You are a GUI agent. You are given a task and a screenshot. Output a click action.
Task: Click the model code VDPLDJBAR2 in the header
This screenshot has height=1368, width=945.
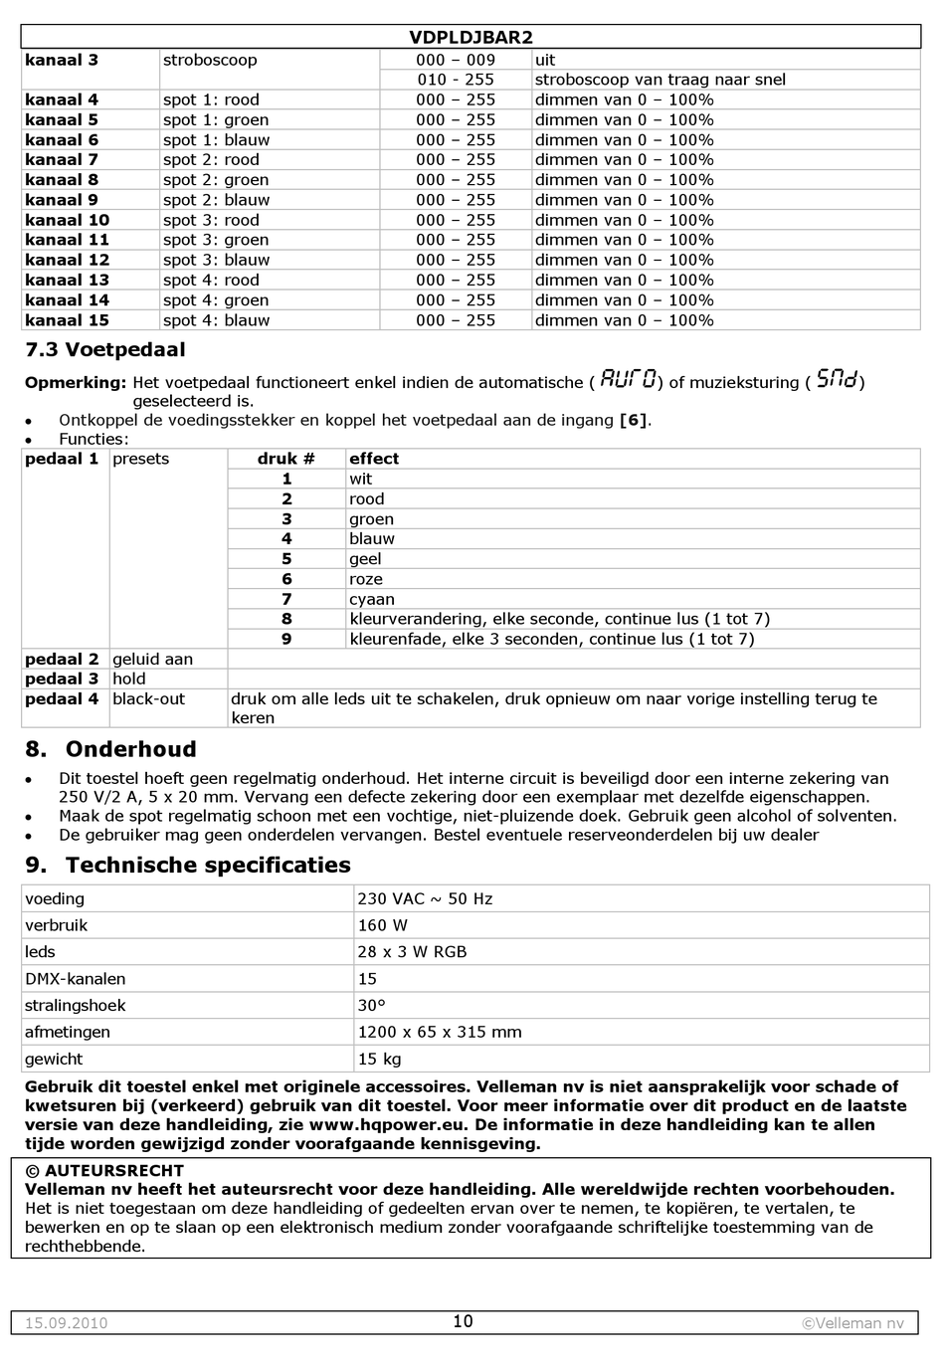[x=471, y=38]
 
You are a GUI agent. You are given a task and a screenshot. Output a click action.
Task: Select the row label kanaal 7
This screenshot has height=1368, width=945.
[x=62, y=160]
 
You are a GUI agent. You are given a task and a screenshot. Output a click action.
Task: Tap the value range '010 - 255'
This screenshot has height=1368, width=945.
[x=455, y=80]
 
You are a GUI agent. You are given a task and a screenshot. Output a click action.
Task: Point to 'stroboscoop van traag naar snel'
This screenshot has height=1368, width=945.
[x=660, y=80]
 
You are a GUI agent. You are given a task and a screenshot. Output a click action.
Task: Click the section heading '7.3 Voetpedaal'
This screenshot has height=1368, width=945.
[x=104, y=350]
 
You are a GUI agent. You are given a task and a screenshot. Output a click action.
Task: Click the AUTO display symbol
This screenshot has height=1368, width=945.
[x=628, y=379]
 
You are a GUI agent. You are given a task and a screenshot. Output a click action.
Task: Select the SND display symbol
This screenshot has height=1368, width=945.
[x=836, y=379]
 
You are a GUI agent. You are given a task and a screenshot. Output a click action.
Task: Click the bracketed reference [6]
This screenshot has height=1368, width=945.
[x=634, y=420]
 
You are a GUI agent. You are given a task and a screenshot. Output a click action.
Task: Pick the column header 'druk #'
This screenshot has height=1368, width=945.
[x=285, y=459]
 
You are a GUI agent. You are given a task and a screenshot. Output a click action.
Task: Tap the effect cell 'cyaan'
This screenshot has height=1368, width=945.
[x=371, y=599]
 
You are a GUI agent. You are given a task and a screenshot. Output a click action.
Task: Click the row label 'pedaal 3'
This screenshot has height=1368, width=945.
[x=62, y=679]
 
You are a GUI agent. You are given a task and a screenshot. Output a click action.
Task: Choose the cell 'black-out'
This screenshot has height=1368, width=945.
[x=148, y=699]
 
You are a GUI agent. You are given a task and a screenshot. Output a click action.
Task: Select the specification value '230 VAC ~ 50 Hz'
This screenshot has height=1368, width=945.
[x=425, y=898]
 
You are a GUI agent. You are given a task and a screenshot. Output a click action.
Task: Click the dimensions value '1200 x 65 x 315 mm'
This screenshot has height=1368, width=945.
[x=439, y=1032]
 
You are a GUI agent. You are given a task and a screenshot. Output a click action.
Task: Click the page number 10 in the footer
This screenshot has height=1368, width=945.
[x=463, y=1321]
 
